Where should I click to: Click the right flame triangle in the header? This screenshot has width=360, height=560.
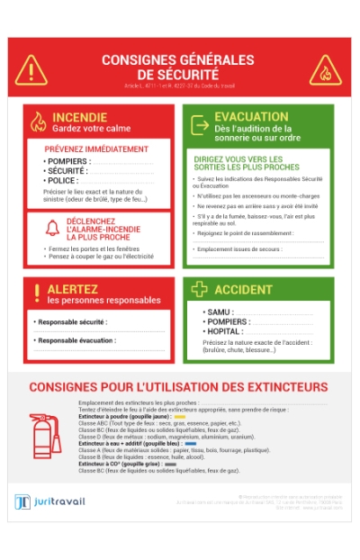(x=325, y=69)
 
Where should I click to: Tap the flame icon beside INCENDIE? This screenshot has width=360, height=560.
(x=38, y=122)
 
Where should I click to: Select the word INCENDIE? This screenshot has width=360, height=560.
(x=79, y=117)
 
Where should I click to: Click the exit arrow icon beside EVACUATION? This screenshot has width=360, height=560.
(x=200, y=122)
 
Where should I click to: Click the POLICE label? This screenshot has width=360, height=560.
(x=62, y=180)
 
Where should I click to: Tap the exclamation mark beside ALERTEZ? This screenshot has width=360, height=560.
(x=37, y=293)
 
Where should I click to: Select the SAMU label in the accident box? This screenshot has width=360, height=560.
(x=220, y=312)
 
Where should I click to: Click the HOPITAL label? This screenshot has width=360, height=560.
(x=225, y=331)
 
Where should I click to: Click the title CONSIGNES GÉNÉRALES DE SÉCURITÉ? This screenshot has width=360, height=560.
(x=177, y=67)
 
